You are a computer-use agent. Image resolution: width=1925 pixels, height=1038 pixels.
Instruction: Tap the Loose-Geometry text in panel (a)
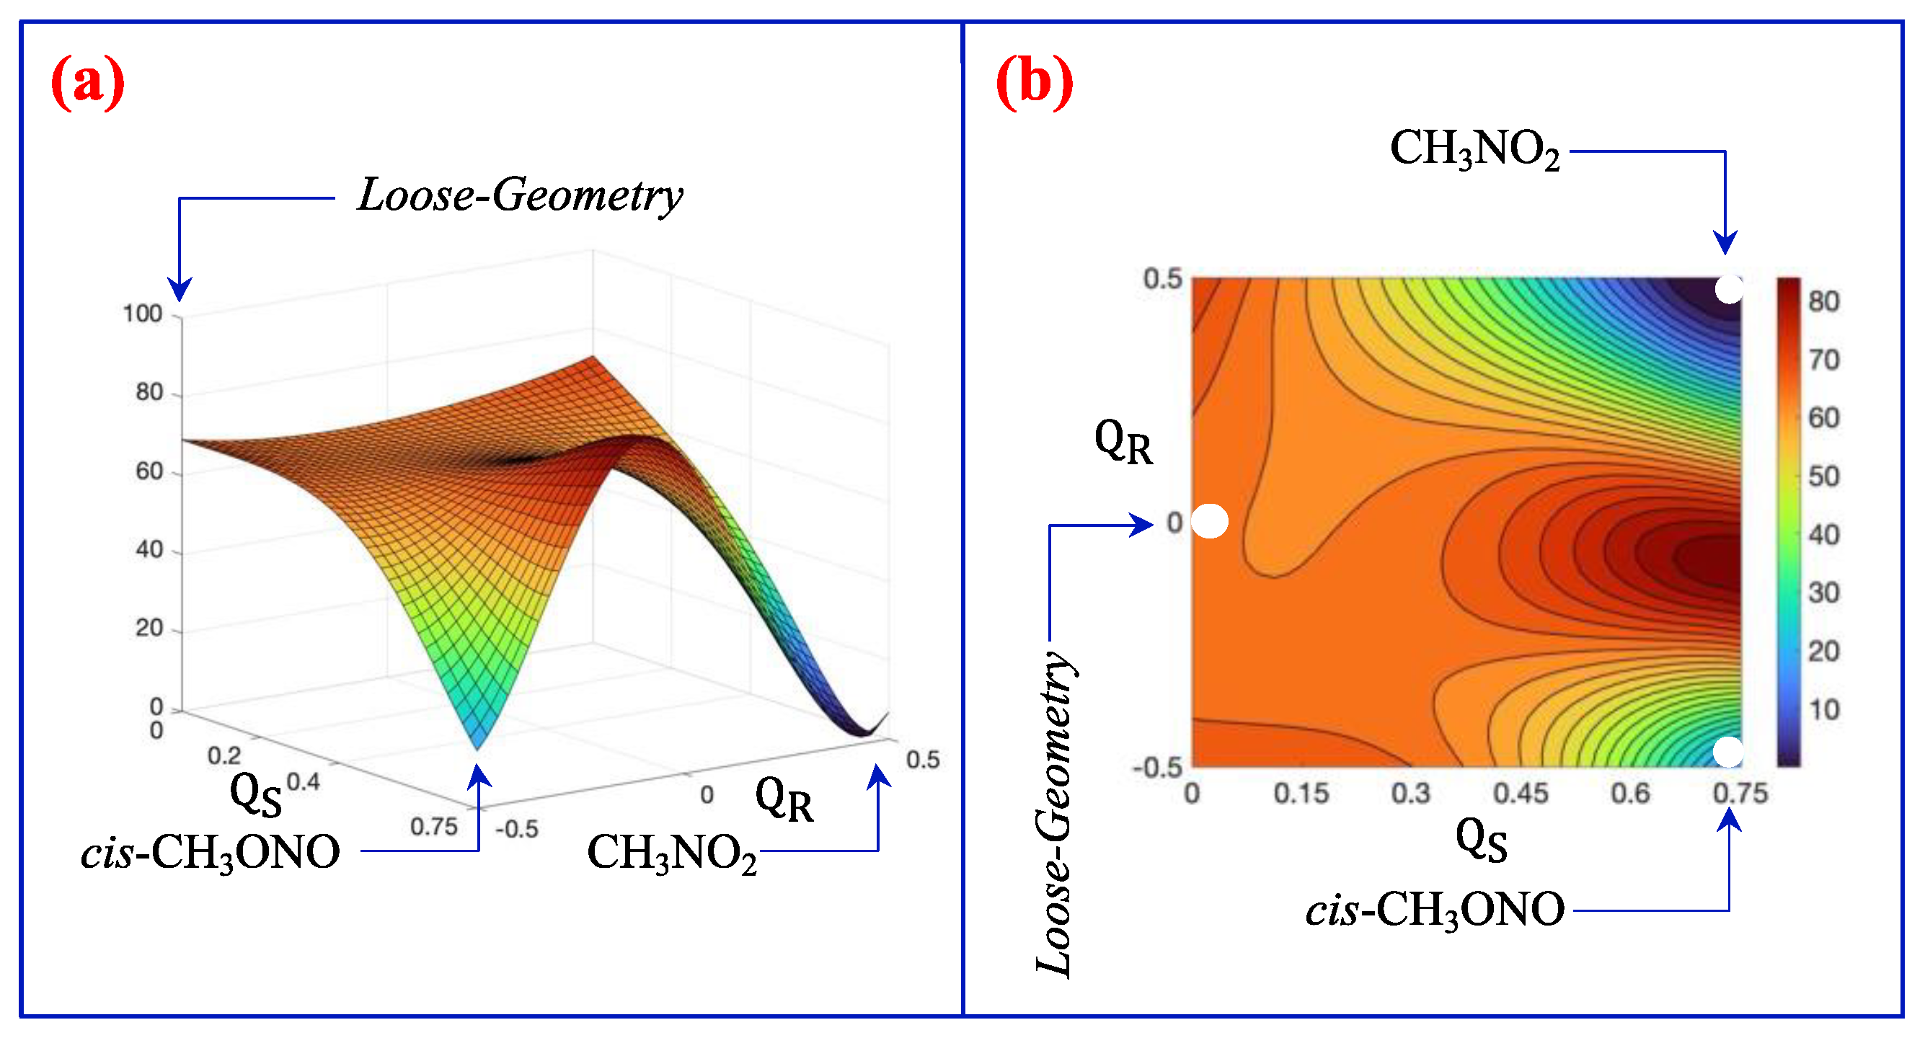(x=520, y=196)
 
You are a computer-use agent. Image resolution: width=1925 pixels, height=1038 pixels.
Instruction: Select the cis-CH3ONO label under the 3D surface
(x=211, y=853)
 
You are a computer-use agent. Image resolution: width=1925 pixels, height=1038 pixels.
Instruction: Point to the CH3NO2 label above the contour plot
(x=1475, y=148)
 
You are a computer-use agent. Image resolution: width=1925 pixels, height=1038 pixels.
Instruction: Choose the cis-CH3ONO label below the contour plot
(x=1435, y=910)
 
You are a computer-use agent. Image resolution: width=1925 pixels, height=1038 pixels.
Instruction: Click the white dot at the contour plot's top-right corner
(x=1728, y=289)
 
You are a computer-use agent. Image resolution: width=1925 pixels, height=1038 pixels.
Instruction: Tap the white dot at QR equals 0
(x=1209, y=522)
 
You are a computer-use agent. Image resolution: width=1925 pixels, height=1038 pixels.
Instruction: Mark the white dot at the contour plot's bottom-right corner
(x=1727, y=752)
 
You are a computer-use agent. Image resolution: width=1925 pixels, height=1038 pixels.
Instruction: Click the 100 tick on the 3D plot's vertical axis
(x=143, y=314)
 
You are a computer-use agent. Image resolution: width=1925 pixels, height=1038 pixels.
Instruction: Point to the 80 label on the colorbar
(x=1823, y=301)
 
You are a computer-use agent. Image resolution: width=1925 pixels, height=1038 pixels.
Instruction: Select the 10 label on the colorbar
(x=1823, y=710)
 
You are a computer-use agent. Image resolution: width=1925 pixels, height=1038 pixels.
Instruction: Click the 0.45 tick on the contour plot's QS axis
(x=1521, y=794)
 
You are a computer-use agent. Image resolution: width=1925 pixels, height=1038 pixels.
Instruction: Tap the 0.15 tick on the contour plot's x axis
(x=1301, y=794)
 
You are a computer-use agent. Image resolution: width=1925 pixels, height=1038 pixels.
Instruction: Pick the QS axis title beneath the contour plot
(x=1481, y=841)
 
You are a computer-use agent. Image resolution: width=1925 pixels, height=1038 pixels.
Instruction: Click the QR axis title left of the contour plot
(x=1123, y=443)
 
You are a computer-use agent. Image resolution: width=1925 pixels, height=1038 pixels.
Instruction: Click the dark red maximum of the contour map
(x=1712, y=556)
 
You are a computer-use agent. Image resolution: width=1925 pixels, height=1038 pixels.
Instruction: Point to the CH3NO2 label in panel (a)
(x=672, y=853)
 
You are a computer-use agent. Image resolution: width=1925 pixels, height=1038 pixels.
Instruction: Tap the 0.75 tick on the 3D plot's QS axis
(x=433, y=828)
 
